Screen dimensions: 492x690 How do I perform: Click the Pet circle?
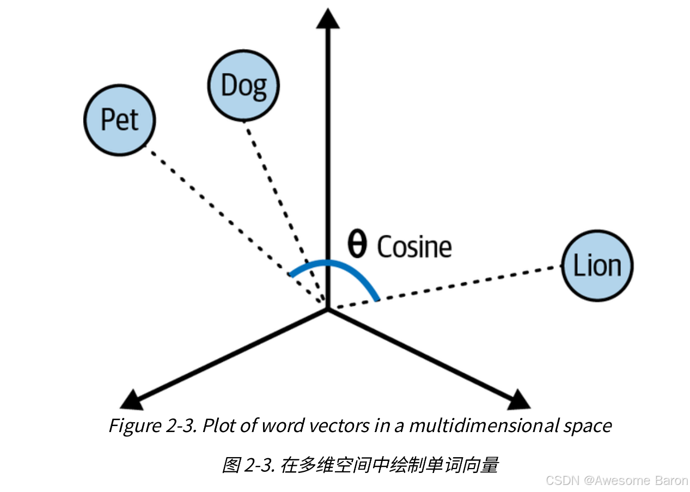(x=120, y=119)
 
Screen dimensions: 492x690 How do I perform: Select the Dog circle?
(x=243, y=85)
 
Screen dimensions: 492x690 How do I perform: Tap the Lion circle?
(x=597, y=266)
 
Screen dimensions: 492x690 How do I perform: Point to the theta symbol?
(x=357, y=246)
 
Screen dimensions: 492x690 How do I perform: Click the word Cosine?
(x=414, y=247)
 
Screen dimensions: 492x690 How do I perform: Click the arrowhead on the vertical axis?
(x=328, y=19)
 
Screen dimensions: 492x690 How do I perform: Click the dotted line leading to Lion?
(x=447, y=287)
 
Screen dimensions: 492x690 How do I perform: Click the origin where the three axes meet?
(x=328, y=309)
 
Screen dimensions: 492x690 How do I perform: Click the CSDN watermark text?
(x=562, y=481)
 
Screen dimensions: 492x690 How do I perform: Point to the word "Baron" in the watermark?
(x=671, y=481)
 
